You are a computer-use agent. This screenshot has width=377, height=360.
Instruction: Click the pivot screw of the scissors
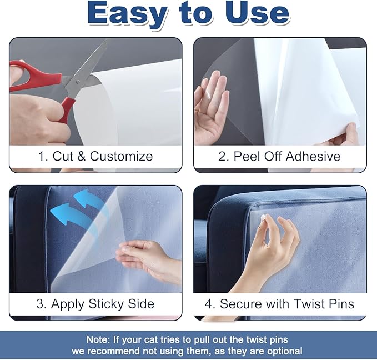tap(78, 82)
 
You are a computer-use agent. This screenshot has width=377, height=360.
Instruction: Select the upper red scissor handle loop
tap(34, 75)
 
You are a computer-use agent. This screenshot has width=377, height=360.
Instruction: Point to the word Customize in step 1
tap(122, 156)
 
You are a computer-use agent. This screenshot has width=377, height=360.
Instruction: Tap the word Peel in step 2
tap(248, 156)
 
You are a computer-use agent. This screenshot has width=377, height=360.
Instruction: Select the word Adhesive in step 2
tap(313, 156)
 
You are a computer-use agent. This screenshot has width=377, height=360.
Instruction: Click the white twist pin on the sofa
tap(263, 218)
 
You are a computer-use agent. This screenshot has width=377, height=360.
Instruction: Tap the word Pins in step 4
tap(341, 304)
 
